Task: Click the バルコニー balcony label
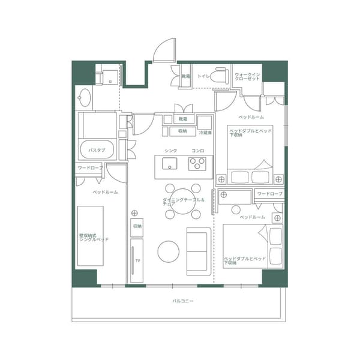tap(182, 300)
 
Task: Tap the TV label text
tap(137, 261)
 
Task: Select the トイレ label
tap(203, 77)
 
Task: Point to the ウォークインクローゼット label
tap(247, 77)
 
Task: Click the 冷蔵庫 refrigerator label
tap(205, 133)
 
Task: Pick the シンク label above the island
tap(170, 150)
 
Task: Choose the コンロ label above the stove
tap(197, 150)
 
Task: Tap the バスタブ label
tap(97, 149)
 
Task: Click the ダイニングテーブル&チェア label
tap(184, 202)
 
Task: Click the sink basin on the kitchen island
tap(169, 164)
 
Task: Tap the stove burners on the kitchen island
tap(197, 163)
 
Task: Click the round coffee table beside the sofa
tap(169, 251)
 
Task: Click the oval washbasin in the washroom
tap(85, 98)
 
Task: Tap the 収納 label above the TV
tap(137, 226)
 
